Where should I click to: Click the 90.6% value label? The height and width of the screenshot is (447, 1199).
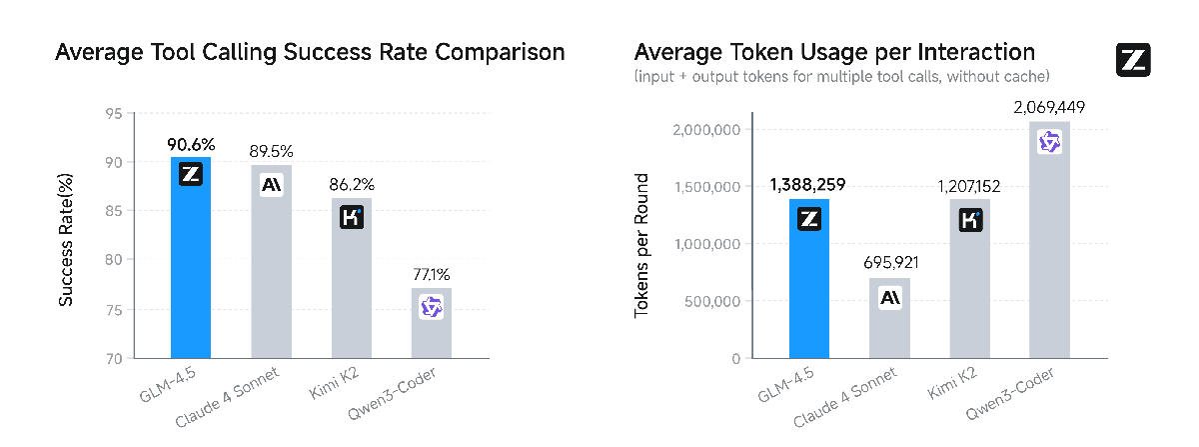[x=191, y=142]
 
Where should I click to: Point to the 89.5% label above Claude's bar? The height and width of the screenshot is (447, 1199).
[x=271, y=152]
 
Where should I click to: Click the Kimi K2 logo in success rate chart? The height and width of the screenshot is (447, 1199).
[x=351, y=217]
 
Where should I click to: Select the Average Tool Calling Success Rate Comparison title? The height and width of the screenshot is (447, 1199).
[x=310, y=52]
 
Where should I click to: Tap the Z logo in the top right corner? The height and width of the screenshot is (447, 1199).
[x=1132, y=60]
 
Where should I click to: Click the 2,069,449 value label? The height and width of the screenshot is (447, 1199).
[x=1048, y=107]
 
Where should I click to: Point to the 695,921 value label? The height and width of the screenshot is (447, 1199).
[x=889, y=263]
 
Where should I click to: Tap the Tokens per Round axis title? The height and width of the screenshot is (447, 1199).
[x=643, y=247]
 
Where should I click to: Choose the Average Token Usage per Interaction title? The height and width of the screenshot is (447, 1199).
[x=834, y=52]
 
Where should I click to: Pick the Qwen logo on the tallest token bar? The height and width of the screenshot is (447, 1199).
[x=1049, y=142]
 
